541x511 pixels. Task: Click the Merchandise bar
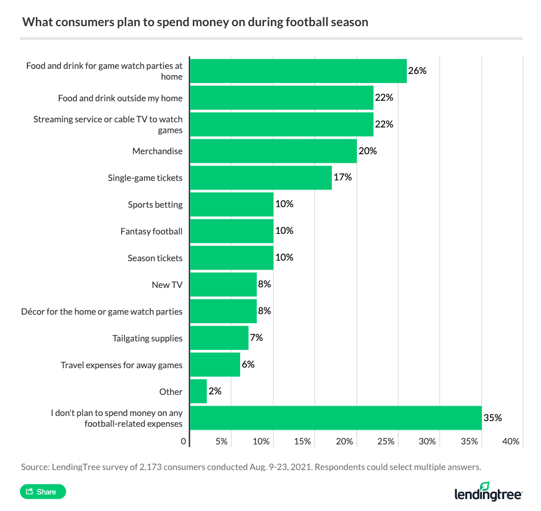(273, 151)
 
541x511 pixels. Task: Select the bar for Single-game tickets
(261, 178)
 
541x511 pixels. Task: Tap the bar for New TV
(223, 285)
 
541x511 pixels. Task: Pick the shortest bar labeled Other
(198, 392)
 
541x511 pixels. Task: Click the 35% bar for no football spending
(336, 418)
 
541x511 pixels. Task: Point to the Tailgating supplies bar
(219, 338)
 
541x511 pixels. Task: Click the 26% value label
(417, 71)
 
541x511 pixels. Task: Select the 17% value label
(342, 178)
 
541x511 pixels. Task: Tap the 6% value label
(248, 364)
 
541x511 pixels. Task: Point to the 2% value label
(214, 391)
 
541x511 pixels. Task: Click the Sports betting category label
(155, 204)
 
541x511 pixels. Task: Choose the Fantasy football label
(151, 231)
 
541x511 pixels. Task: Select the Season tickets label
(155, 258)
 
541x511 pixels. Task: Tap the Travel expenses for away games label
(122, 365)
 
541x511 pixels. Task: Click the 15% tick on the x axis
(303, 442)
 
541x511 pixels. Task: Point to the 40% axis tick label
(511, 442)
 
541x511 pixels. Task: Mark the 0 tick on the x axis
(184, 442)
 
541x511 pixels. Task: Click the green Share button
(43, 492)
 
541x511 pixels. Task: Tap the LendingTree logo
(488, 493)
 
